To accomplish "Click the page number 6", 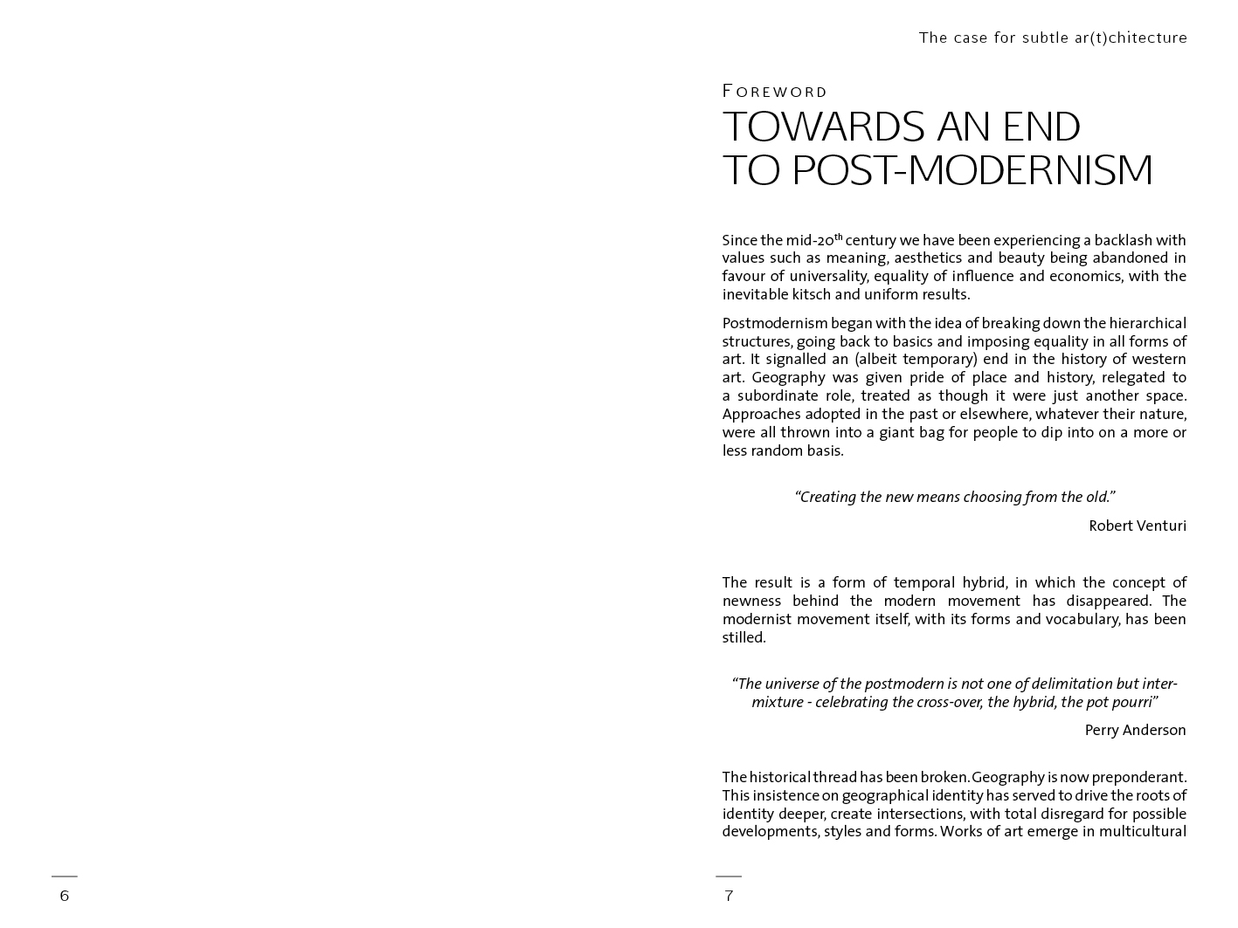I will pyautogui.click(x=64, y=896).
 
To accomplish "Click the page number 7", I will pyautogui.click(x=729, y=896).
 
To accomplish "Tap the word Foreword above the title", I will pyautogui.click(x=775, y=92).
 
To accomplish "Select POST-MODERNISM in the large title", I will pyautogui.click(x=972, y=170).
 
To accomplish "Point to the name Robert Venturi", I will pyautogui.click(x=1137, y=526).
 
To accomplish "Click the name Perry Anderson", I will pyautogui.click(x=1135, y=731).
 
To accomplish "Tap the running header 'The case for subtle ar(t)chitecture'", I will pyautogui.click(x=1053, y=38).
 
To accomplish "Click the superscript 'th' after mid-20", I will pyautogui.click(x=839, y=236).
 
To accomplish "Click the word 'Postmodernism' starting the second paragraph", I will pyautogui.click(x=774, y=323).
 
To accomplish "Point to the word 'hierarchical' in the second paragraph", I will pyautogui.click(x=1148, y=323).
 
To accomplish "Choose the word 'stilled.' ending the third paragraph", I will pyautogui.click(x=743, y=637).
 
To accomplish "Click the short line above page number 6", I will pyautogui.click(x=64, y=876).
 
